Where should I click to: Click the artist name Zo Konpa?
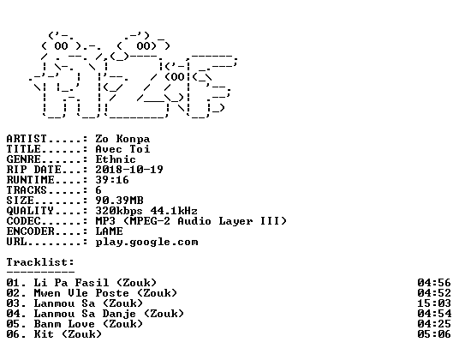pos(122,139)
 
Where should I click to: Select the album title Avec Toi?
pos(122,149)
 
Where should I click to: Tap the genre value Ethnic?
pos(116,159)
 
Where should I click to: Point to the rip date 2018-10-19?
pos(129,170)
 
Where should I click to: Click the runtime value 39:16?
pos(112,180)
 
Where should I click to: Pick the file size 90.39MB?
pos(119,201)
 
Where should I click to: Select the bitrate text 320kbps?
pos(119,211)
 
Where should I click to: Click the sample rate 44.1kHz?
pos(174,211)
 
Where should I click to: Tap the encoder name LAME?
pos(109,231)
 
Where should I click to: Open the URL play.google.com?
pos(146,243)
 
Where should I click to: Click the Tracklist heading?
pos(40,262)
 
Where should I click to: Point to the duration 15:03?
pos(434,303)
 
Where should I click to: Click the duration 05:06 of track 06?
pos(434,334)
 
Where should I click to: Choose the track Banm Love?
pos(64,324)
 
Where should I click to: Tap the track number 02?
pos(13,293)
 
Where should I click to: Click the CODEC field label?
pos(23,221)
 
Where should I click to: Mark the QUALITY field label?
pos(30,211)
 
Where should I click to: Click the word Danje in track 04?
pos(119,314)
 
